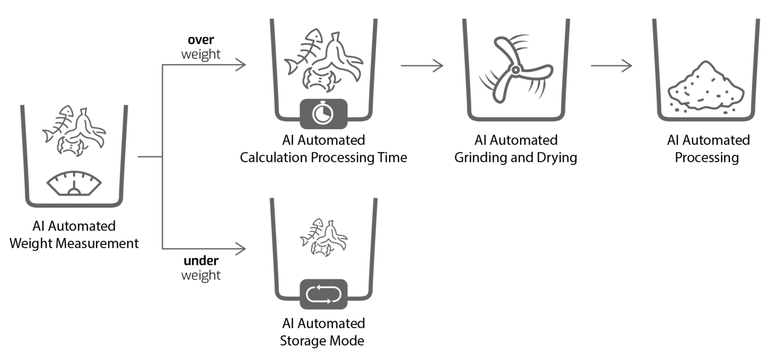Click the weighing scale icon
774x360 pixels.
[74, 183]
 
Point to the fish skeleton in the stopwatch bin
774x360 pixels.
[301, 53]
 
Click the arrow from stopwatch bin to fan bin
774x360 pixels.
[422, 66]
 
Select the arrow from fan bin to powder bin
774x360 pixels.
[611, 66]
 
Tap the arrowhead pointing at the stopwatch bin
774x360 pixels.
[242, 65]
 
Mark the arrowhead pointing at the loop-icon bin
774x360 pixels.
[242, 249]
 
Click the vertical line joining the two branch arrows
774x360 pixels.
[162, 156]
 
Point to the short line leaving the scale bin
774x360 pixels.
[149, 157]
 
